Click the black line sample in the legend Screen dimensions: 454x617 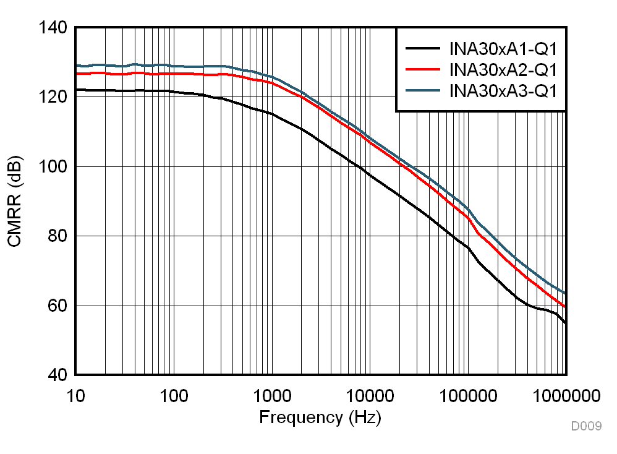pyautogui.click(x=423, y=48)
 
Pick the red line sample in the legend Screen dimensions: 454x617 pyautogui.click(x=423, y=69)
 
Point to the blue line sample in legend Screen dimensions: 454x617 pyautogui.click(x=423, y=91)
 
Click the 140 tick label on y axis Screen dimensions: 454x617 pyautogui.click(x=52, y=28)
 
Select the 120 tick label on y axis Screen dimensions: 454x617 pyautogui.click(x=52, y=97)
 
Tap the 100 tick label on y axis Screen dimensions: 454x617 pyautogui.click(x=52, y=167)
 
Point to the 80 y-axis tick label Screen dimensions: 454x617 pyautogui.click(x=56, y=236)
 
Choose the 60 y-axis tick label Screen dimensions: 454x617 pyautogui.click(x=56, y=306)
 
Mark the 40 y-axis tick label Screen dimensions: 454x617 pyautogui.click(x=56, y=375)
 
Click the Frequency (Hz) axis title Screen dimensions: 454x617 pyautogui.click(x=320, y=418)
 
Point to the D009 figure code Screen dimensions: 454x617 pyautogui.click(x=585, y=426)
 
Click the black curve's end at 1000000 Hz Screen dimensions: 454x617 pyautogui.click(x=565, y=323)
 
